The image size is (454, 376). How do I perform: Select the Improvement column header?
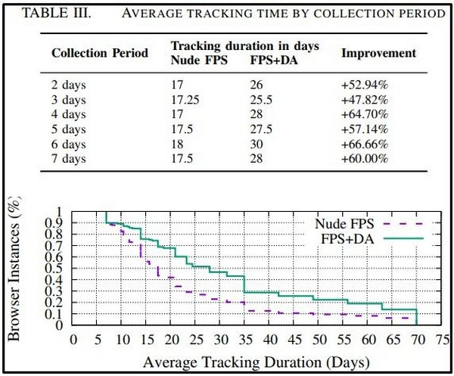pos(379,53)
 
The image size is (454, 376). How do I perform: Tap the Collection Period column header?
pos(99,54)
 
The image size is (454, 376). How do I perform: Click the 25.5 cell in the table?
pos(261,100)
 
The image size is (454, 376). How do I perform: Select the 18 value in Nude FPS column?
pos(179,144)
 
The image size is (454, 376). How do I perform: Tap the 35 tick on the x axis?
pos(244,339)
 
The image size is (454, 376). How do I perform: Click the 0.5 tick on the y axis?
pos(59,268)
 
